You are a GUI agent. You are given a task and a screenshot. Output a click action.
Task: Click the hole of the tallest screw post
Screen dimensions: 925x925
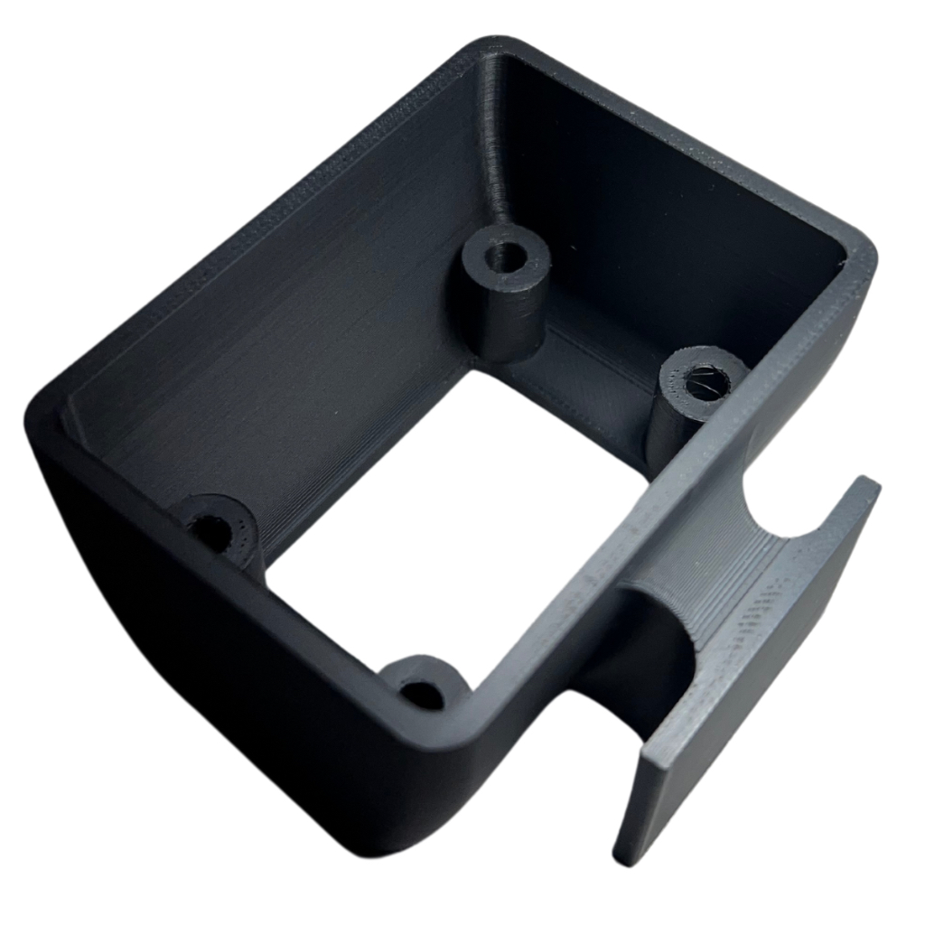click(x=505, y=257)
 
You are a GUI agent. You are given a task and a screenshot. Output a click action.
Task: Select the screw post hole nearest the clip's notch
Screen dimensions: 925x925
click(x=706, y=382)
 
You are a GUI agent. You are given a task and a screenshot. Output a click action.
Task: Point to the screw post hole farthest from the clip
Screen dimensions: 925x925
click(x=214, y=531)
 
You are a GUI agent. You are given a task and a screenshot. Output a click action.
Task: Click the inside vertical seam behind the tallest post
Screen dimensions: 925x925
click(x=492, y=135)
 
